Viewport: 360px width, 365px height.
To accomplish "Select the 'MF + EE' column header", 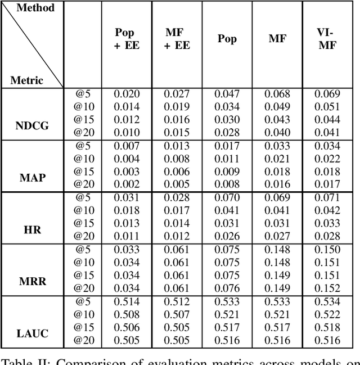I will (x=177, y=39).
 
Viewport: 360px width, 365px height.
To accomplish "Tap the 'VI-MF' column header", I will (x=327, y=39).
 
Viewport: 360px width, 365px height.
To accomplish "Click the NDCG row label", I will (x=31, y=126).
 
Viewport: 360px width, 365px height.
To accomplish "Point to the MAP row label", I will (x=31, y=178).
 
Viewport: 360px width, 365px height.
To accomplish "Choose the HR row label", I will (x=31, y=231).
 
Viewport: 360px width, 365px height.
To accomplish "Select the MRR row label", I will (x=31, y=282).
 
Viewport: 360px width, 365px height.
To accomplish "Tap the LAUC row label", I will (x=31, y=334).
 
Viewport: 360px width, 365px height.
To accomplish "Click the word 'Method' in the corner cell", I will (x=35, y=8).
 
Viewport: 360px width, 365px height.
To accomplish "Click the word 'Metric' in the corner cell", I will (x=26, y=80).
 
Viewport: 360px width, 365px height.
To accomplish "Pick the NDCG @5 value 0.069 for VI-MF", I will (x=327, y=94).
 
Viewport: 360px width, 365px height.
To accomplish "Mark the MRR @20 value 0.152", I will (x=327, y=288).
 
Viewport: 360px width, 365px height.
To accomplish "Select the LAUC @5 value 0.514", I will (x=127, y=301).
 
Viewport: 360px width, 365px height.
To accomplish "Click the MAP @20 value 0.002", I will (x=127, y=184).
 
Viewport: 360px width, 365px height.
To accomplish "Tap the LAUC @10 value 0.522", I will (x=327, y=314).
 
